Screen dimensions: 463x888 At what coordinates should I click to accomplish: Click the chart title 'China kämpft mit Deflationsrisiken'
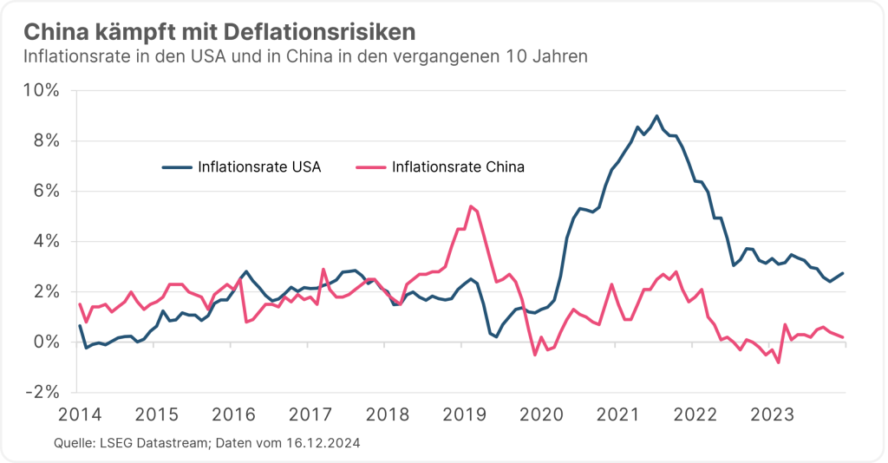point(219,32)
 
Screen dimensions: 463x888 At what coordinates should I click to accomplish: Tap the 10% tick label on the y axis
point(41,90)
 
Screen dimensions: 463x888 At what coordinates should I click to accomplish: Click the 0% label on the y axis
point(45,342)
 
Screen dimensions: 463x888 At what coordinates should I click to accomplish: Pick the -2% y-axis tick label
point(42,392)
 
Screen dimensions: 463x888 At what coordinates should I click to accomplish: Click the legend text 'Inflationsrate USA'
point(259,166)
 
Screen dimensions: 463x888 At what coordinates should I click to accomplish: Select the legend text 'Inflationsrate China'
point(458,166)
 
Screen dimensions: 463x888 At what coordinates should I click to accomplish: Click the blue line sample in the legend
point(177,166)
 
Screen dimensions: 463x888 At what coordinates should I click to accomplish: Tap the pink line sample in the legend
point(370,166)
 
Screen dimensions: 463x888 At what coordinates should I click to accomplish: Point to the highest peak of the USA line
point(656,115)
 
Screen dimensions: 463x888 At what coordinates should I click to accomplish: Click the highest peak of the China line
point(470,206)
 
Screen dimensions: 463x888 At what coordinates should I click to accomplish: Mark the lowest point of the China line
point(779,362)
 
